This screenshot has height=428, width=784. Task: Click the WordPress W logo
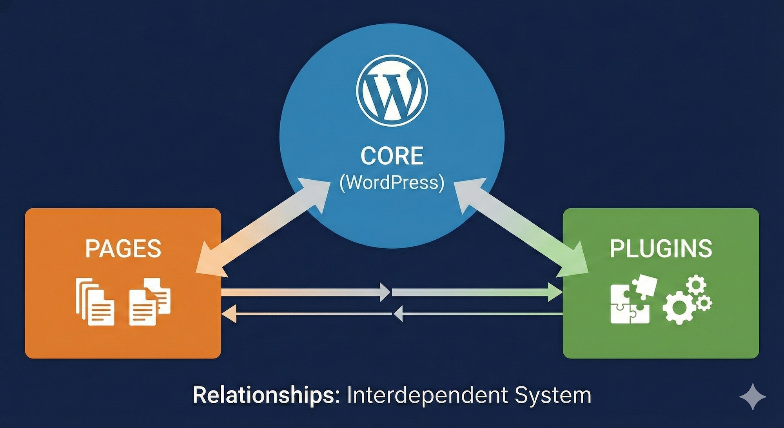click(x=392, y=91)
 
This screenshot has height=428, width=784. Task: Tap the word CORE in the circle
click(x=392, y=156)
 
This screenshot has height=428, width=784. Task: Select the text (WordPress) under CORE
click(x=392, y=182)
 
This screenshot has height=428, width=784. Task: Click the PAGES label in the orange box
click(x=123, y=249)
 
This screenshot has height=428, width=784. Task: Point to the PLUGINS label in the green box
click(x=661, y=249)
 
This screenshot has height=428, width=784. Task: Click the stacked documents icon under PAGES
click(x=95, y=302)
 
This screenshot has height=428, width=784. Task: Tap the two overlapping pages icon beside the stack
click(x=150, y=302)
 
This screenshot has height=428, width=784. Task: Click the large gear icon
click(x=679, y=308)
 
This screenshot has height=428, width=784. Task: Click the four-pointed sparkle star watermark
click(x=753, y=397)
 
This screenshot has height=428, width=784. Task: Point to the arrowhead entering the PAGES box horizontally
click(x=229, y=314)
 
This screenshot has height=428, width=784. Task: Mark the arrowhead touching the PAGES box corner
click(x=208, y=263)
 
